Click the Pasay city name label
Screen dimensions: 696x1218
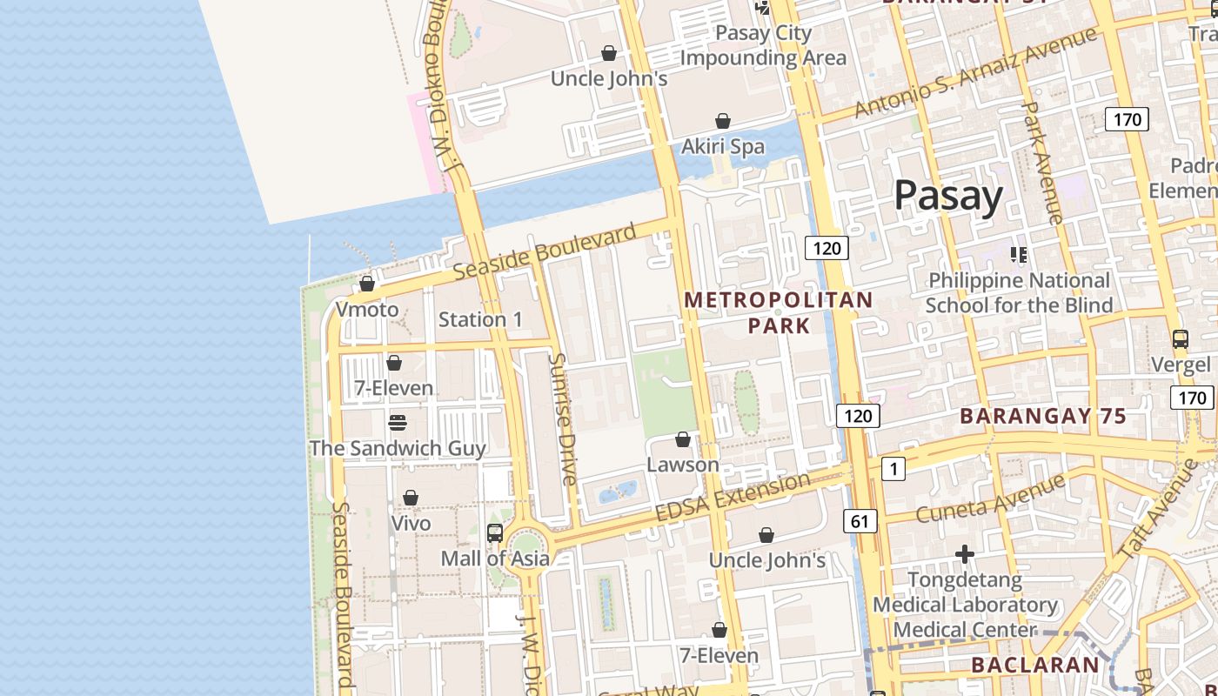point(948,196)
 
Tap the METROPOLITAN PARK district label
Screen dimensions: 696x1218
point(779,312)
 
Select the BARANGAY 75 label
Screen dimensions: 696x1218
point(1043,416)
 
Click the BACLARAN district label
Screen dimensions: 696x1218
point(1035,665)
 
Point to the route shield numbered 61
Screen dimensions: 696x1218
point(860,521)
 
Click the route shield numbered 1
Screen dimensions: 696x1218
point(893,469)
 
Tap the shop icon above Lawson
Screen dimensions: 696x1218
point(683,439)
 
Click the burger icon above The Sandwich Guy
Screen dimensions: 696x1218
point(398,423)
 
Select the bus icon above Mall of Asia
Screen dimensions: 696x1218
point(495,532)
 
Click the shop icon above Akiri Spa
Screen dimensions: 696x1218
point(723,121)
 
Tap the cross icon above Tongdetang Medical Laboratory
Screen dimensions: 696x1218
point(964,553)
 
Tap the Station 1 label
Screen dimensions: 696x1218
point(480,319)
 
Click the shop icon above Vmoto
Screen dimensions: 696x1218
point(367,284)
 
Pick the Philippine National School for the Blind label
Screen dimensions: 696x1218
point(1019,292)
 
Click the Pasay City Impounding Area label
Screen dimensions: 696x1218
point(763,45)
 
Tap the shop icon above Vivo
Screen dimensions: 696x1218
point(411,498)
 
